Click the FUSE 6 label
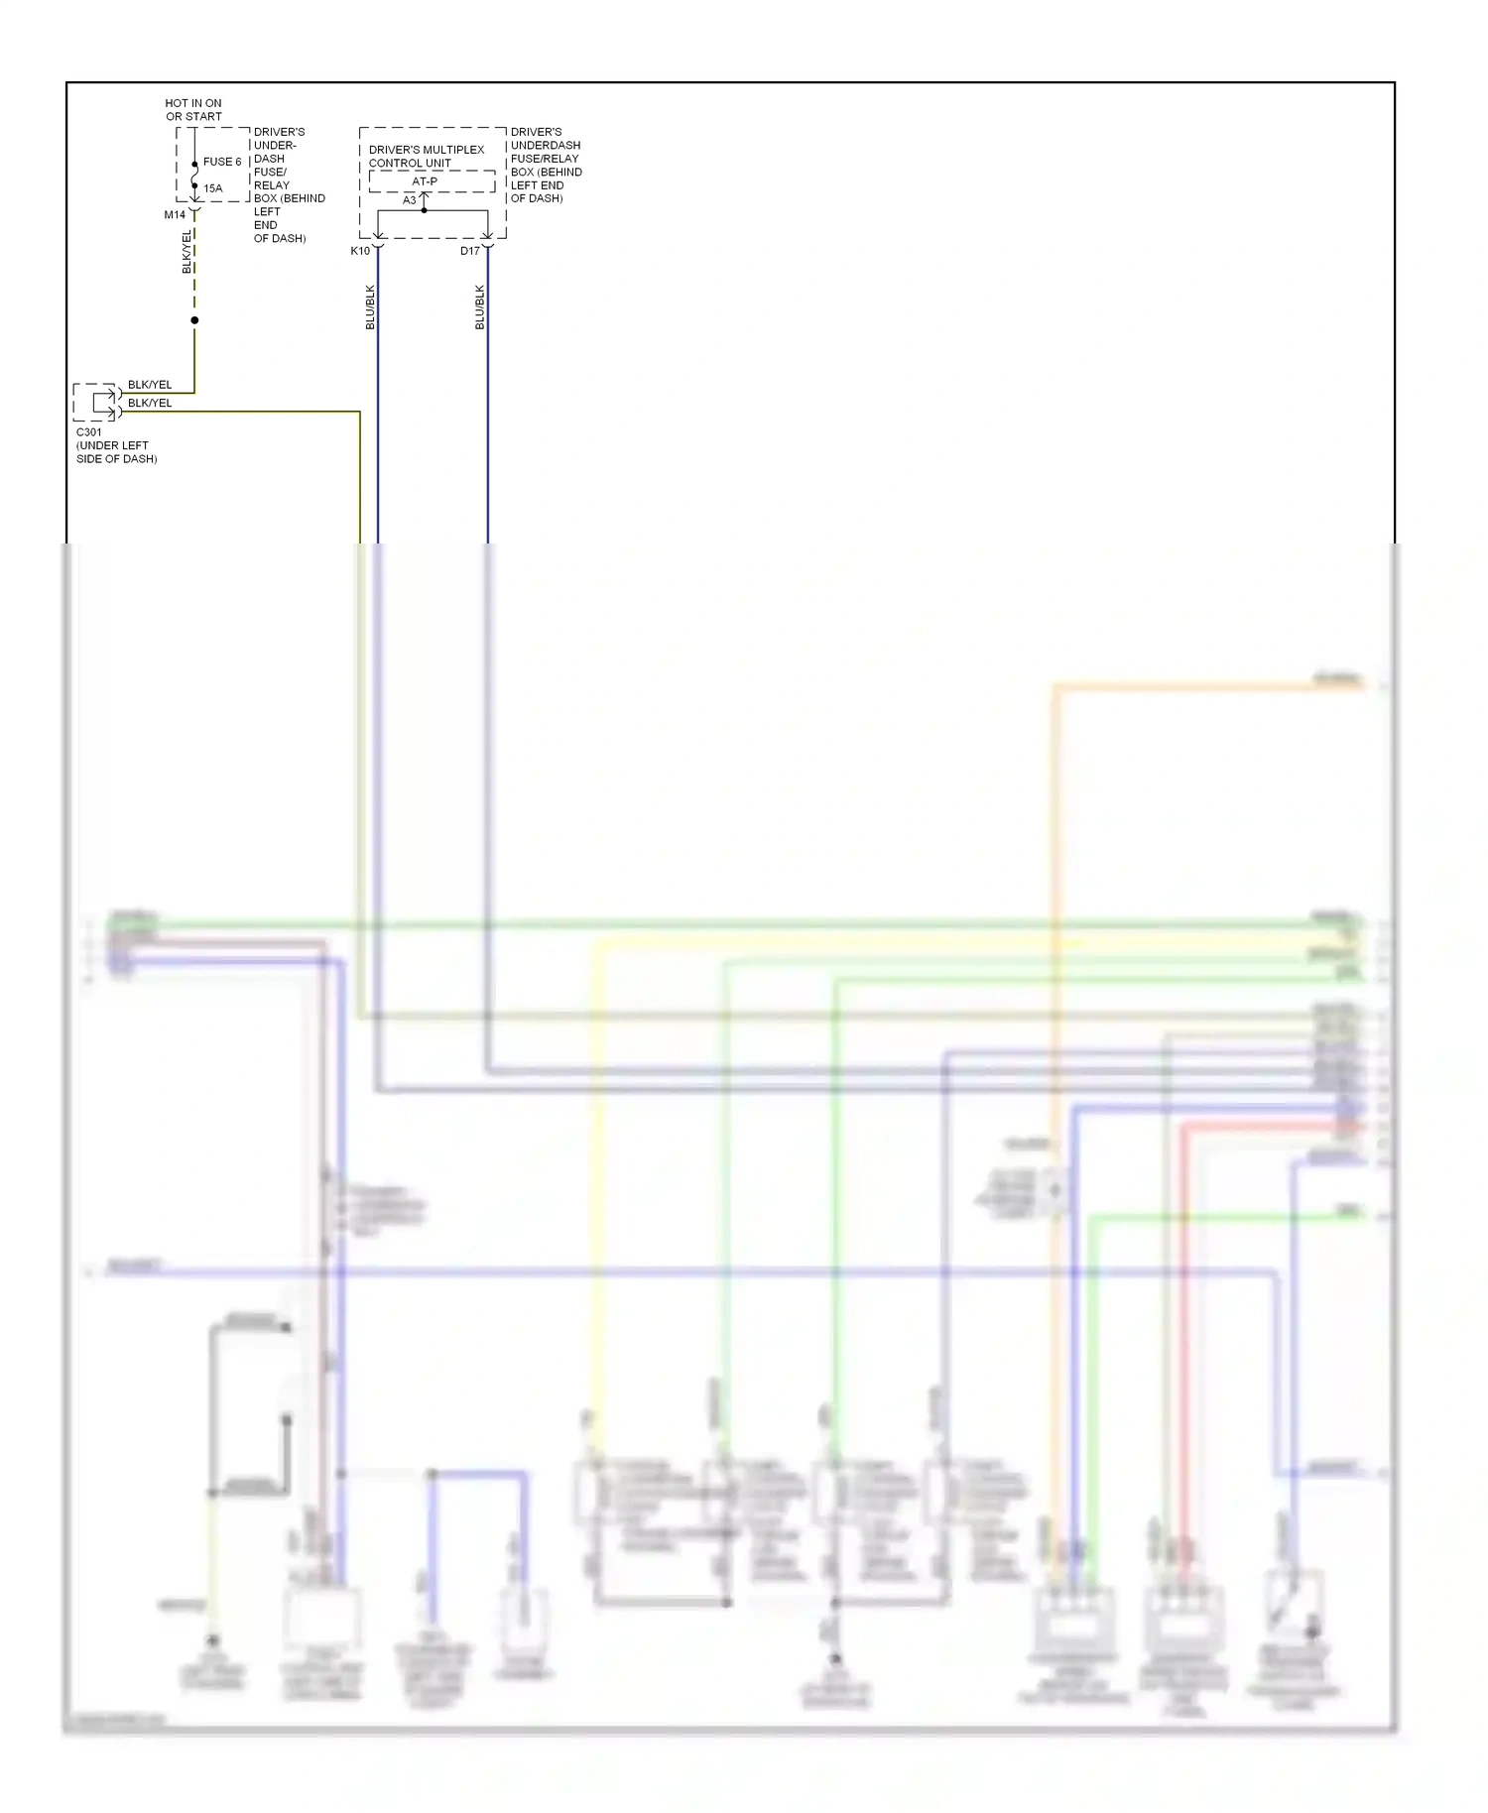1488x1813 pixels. [x=222, y=162]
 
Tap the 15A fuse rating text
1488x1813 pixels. [x=213, y=188]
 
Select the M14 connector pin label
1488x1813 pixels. [x=175, y=214]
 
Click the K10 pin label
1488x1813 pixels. [x=360, y=251]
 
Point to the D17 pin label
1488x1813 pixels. [x=470, y=251]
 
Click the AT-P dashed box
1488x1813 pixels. [x=432, y=181]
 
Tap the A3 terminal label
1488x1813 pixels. [x=410, y=200]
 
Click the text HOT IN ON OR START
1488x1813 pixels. [x=193, y=109]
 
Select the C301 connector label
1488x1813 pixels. [x=89, y=432]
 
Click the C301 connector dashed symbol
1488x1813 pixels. [x=96, y=402]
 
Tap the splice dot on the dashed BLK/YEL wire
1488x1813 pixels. [x=194, y=320]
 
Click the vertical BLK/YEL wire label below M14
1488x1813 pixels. [x=186, y=252]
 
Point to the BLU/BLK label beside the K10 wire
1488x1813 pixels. [x=370, y=306]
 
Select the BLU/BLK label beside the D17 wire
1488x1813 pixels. [x=479, y=306]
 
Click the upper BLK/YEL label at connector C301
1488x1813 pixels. [x=150, y=385]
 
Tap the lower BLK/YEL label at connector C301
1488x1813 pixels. [x=150, y=403]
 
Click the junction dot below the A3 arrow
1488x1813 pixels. [x=425, y=210]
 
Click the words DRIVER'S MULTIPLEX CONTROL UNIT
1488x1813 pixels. [x=427, y=157]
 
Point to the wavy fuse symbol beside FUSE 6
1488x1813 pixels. [x=194, y=176]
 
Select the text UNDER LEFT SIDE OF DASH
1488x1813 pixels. [x=116, y=452]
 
